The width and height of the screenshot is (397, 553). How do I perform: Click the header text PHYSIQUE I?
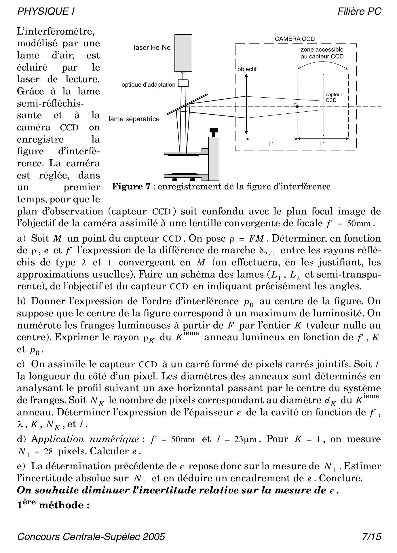click(46, 11)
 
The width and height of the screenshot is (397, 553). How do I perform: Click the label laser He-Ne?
click(152, 47)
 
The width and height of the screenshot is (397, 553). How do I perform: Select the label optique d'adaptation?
click(148, 85)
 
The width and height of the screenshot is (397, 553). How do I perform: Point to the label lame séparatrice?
click(134, 119)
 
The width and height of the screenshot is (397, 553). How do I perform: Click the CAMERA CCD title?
click(295, 39)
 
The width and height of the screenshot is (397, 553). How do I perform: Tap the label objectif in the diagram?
click(247, 69)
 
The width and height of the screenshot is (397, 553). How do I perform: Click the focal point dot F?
click(297, 107)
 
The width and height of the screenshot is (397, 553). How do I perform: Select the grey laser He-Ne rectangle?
click(183, 53)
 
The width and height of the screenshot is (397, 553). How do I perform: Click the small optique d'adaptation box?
click(183, 83)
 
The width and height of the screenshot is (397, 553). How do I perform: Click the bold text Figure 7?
click(131, 187)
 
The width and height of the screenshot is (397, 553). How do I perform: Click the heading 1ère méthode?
click(54, 505)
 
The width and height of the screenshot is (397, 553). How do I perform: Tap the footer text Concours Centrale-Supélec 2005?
click(91, 537)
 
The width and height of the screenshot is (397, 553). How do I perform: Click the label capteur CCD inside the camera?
click(334, 97)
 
